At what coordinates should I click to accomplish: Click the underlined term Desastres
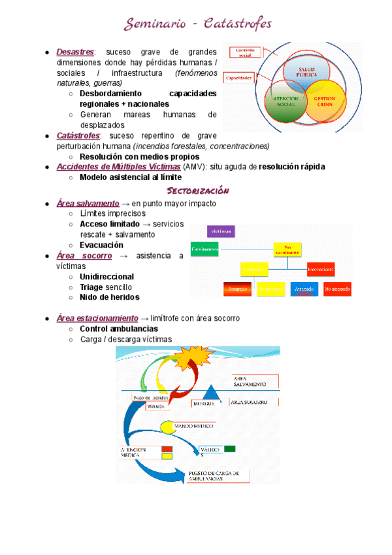coord(75,52)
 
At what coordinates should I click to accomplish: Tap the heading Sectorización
coord(198,190)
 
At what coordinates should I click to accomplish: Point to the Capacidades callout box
coord(238,78)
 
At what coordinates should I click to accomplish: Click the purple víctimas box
coord(220,231)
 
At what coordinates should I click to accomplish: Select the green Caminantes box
coord(204,249)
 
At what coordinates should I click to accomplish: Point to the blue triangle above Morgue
coord(211,393)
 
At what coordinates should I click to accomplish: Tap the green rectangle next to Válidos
coord(229,449)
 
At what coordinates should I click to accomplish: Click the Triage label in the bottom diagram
coord(155,406)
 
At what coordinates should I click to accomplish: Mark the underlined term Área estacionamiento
coord(97,318)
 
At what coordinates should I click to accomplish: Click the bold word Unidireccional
coord(106,277)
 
